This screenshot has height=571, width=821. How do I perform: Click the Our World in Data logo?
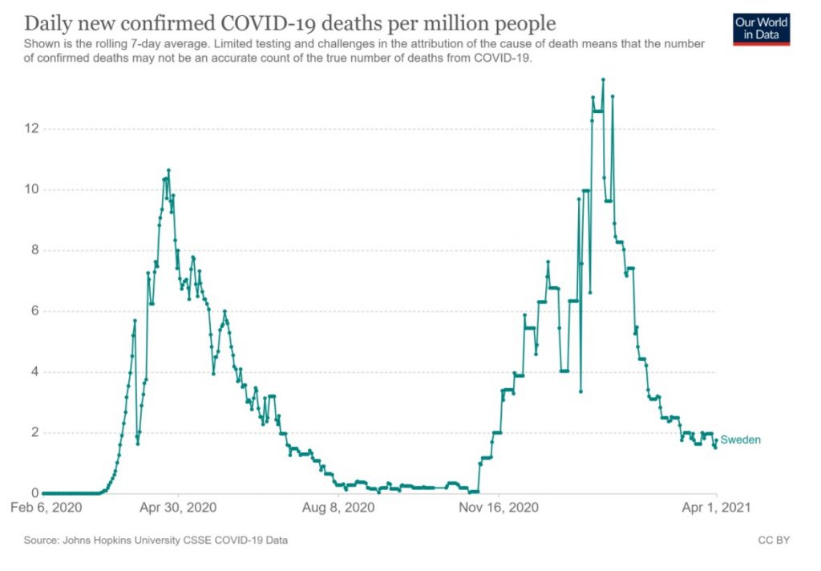(x=762, y=29)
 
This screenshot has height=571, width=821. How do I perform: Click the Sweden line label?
(x=740, y=439)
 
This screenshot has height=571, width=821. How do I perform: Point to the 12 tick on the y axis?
(x=30, y=129)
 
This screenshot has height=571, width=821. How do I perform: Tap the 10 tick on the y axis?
(x=30, y=190)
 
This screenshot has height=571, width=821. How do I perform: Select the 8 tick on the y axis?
(x=32, y=250)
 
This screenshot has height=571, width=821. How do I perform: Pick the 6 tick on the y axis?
(x=32, y=311)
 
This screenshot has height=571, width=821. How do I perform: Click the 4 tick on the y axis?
(x=32, y=372)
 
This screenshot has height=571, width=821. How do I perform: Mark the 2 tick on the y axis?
(x=32, y=433)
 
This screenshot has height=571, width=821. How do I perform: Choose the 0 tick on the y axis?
(x=32, y=493)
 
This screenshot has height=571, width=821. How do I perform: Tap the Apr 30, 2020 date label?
(x=178, y=508)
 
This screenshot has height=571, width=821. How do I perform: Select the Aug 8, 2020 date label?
(x=338, y=508)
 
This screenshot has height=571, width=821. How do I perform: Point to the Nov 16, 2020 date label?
(x=497, y=508)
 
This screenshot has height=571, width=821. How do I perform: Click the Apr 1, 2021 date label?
(x=715, y=508)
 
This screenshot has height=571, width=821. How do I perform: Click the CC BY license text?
(x=773, y=541)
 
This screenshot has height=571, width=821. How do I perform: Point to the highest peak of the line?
(x=603, y=79)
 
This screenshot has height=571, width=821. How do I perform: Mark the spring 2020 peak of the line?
(x=168, y=170)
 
